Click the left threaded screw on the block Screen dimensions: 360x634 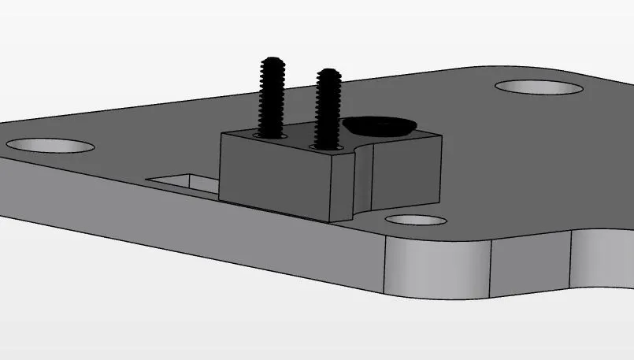(272, 98)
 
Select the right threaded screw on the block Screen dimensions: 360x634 (328, 106)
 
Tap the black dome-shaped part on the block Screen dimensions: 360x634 (380, 125)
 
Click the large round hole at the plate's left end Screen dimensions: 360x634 (50, 146)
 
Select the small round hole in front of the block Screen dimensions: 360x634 (416, 220)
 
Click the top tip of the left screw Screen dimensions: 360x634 (272, 61)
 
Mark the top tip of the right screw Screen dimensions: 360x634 (328, 72)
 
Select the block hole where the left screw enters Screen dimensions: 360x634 (269, 136)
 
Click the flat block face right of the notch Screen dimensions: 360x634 (406, 173)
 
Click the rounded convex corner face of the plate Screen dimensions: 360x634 (437, 268)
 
